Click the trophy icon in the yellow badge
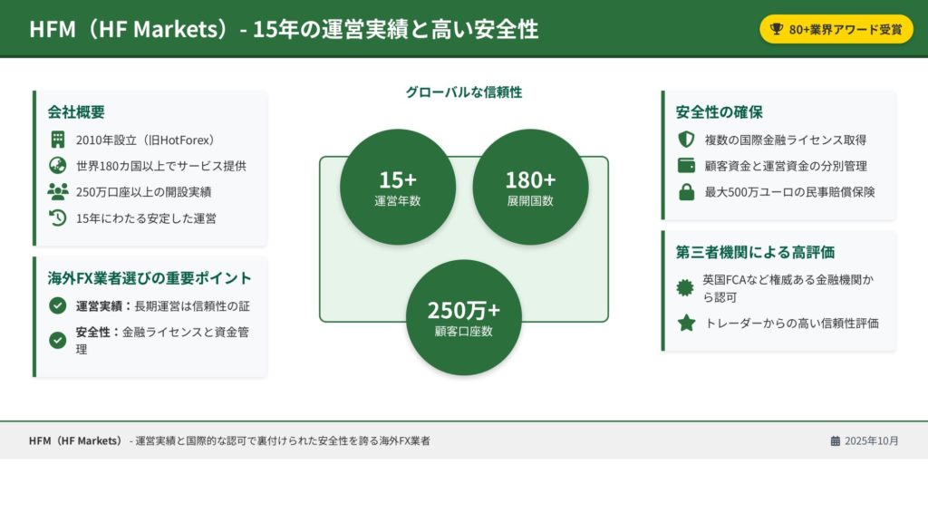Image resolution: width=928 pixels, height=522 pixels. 776,29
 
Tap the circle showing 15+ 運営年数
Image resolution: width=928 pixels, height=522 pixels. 398,187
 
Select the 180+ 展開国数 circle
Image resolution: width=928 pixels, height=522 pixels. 530,187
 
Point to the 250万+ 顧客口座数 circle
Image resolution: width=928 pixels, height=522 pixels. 464,317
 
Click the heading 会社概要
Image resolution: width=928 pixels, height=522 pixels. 76,111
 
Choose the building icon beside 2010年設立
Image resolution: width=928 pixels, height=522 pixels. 57,140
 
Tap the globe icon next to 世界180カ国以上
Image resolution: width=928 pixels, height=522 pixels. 57,166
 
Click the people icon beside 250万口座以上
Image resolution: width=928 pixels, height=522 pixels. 57,192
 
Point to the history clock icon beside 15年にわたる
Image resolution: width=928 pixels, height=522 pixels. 57,217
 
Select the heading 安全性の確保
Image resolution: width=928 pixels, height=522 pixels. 719,111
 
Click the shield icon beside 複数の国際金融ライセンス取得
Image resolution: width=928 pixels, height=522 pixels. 686,140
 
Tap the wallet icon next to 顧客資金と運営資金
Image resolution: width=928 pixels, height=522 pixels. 686,166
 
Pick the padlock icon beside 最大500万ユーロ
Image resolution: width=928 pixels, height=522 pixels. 686,192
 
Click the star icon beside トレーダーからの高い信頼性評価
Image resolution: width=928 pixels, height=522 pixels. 686,324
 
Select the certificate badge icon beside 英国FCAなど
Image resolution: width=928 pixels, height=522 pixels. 685,288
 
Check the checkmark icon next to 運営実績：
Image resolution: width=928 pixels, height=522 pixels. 57,305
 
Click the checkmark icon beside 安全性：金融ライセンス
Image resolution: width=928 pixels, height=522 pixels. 57,341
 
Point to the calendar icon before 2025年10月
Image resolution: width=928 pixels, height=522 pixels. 835,441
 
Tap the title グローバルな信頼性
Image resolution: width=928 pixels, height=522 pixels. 464,92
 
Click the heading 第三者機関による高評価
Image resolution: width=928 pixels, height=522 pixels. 755,252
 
